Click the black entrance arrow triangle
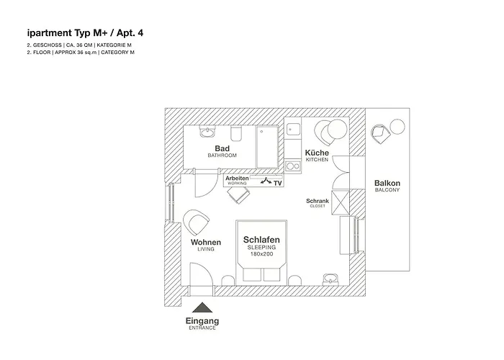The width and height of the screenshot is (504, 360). coord(202,307)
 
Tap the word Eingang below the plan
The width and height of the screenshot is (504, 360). coord(202,321)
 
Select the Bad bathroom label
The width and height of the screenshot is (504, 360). coord(222,148)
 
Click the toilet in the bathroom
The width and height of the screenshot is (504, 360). coord(236,134)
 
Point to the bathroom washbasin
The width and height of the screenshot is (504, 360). coord(207,132)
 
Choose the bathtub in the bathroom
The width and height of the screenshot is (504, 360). coord(267,147)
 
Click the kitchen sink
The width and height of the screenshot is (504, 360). coord(293,130)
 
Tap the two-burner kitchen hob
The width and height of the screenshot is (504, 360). coord(293,166)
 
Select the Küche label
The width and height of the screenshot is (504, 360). coord(317,153)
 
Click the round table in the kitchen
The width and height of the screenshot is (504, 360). coord(337,129)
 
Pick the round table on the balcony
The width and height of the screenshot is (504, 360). coord(397,126)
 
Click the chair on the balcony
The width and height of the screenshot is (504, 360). coord(380,134)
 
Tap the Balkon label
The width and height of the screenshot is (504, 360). coord(387,183)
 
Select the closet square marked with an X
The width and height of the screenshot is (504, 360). coord(340,202)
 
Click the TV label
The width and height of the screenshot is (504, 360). coord(278,183)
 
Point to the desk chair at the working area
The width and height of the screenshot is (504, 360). coord(238,195)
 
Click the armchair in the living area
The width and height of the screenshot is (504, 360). coord(196,222)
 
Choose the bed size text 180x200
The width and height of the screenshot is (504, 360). coord(261,254)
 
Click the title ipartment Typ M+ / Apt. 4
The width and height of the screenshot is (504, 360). coord(85,33)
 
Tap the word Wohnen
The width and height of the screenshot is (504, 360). coord(206,243)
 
